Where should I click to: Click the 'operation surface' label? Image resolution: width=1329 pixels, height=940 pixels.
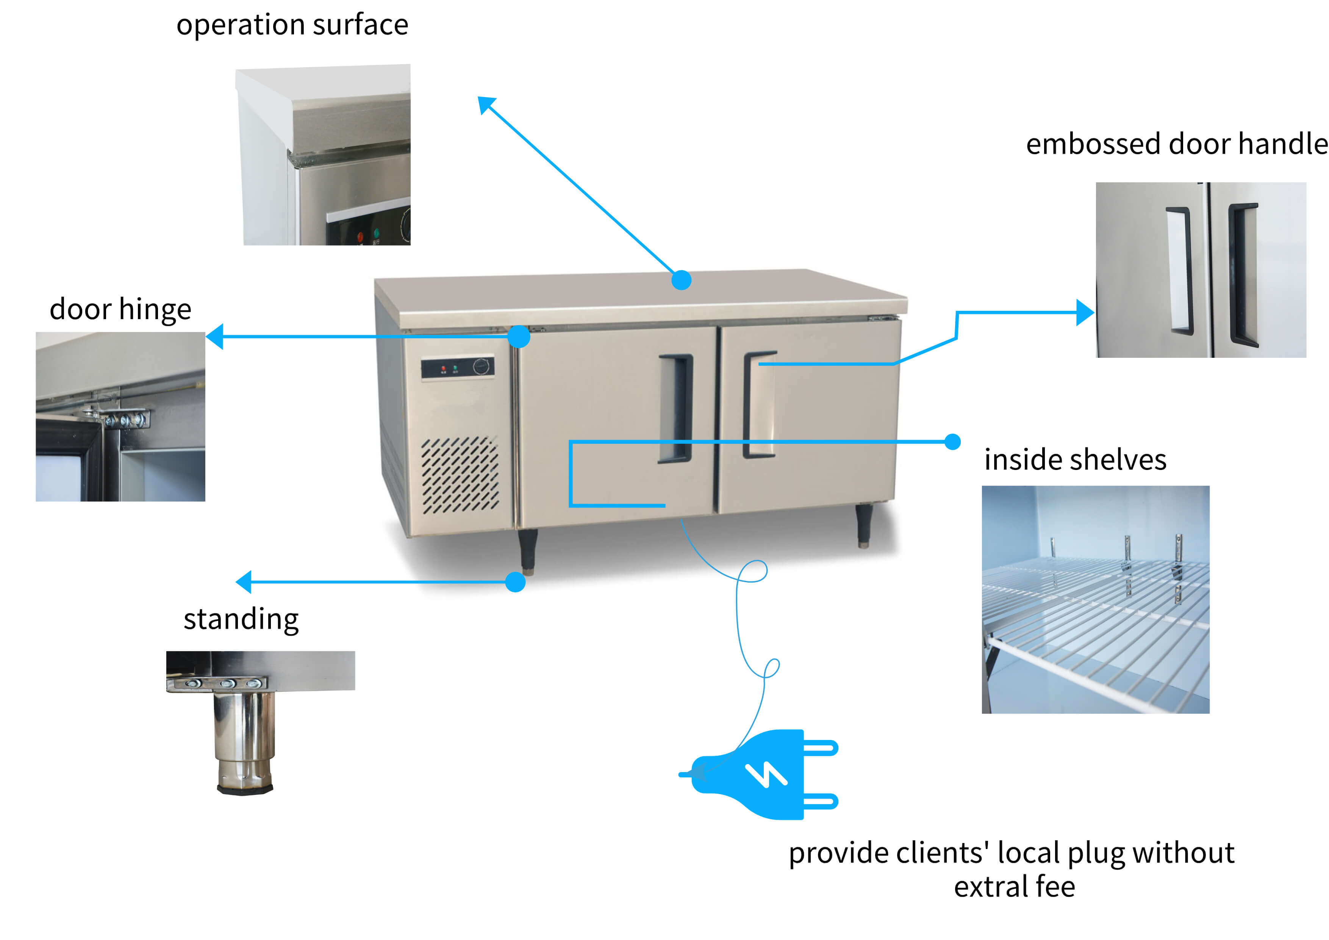pyautogui.click(x=292, y=25)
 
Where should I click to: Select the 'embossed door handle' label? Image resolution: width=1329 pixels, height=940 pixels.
pyautogui.click(x=1176, y=144)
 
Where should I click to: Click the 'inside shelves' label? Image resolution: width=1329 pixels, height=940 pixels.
pyautogui.click(x=1075, y=460)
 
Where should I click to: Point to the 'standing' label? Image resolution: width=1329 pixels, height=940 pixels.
pyautogui.click(x=241, y=619)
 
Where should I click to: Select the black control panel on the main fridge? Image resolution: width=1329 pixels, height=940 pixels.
pyautogui.click(x=457, y=367)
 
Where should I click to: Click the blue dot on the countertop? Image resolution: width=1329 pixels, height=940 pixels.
pyautogui.click(x=681, y=280)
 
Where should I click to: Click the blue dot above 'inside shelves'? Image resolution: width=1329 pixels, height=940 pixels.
pyautogui.click(x=952, y=442)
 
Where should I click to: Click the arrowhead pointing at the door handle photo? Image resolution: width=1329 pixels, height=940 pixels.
pyautogui.click(x=1085, y=312)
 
